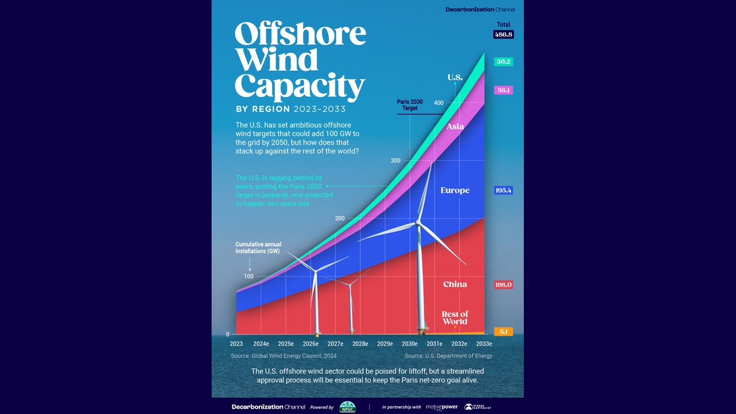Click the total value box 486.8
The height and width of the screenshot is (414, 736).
coord(503,34)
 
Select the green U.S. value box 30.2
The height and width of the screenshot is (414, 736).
coord(503,62)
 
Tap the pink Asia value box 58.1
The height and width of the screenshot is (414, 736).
coord(503,90)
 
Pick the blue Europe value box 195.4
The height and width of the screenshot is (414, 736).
coord(503,190)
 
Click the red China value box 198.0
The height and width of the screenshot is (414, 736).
coord(503,285)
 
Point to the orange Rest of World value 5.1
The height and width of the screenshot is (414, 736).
coord(503,332)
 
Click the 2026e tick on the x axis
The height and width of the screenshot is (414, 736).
coord(310,344)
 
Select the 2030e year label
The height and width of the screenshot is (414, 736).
coord(409,344)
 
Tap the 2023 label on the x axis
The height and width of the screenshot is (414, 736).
coord(236,344)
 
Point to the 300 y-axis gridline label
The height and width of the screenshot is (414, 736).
coord(395,160)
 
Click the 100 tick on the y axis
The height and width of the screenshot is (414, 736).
coord(248,277)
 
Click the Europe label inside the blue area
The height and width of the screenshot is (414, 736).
coord(455,190)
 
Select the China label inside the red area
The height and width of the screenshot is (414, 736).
coord(455,284)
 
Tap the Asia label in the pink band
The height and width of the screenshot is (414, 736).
coord(455,126)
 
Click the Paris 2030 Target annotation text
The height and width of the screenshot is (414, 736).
coord(409,105)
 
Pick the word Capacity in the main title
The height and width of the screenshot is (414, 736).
coord(300,86)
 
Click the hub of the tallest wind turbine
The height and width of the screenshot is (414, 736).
coord(419,222)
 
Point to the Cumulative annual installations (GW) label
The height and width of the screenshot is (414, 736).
coord(258,248)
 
